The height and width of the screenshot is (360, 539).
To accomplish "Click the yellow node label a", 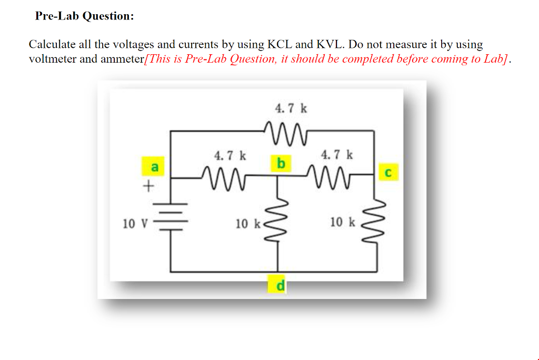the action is click(153, 166).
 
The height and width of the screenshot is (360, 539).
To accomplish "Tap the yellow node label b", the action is click(281, 163).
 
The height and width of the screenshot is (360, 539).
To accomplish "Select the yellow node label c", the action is click(388, 172).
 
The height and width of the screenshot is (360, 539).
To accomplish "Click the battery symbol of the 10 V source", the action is click(171, 217).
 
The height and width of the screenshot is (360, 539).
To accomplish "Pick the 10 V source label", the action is click(135, 224).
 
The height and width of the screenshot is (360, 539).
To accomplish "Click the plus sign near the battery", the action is click(148, 186).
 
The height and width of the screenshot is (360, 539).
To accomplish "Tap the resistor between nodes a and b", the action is click(224, 178).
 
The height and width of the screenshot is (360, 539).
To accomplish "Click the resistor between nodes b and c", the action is click(330, 177).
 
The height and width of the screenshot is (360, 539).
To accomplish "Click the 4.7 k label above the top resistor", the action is click(291, 108).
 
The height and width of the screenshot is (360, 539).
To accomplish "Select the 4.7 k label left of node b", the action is click(230, 156).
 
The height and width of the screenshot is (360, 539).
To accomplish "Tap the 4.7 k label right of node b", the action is click(337, 155).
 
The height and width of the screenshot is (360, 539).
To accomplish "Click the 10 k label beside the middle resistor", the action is click(248, 224).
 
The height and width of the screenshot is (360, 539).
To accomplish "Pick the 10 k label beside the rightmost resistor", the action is click(343, 222).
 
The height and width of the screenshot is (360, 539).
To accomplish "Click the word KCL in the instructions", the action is click(280, 44).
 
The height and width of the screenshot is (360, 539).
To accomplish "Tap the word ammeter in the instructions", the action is click(122, 59).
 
